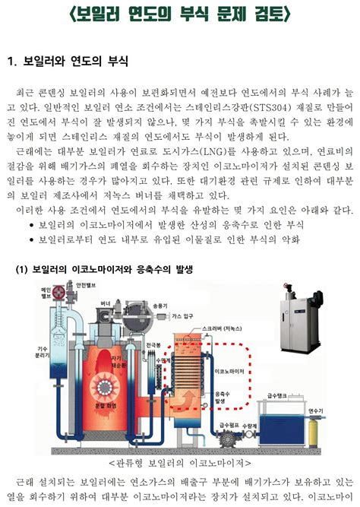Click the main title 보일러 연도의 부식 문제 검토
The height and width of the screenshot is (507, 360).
180,17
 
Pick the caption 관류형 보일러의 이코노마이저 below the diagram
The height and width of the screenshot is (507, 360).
179,463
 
